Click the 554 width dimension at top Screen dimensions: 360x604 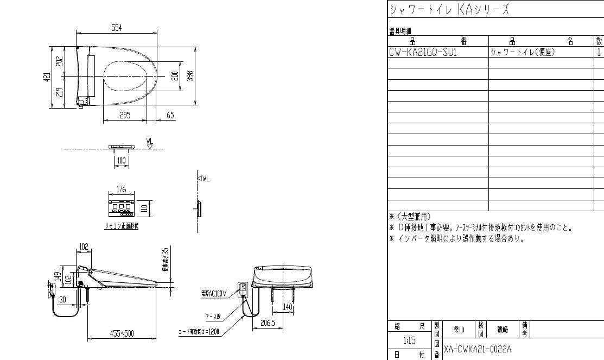116,28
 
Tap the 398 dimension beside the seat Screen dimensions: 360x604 190,75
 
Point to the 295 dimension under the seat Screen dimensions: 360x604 125,115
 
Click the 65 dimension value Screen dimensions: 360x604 171,115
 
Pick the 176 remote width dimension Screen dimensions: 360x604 121,190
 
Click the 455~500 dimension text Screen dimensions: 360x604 122,333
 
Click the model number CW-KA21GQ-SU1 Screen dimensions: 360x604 423,53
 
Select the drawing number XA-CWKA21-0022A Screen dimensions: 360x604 478,348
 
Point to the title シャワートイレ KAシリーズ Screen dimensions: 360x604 449,10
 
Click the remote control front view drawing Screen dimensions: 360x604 121,207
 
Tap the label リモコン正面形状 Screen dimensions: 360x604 121,226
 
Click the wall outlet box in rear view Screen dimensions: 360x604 242,289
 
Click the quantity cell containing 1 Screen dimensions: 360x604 599,53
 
